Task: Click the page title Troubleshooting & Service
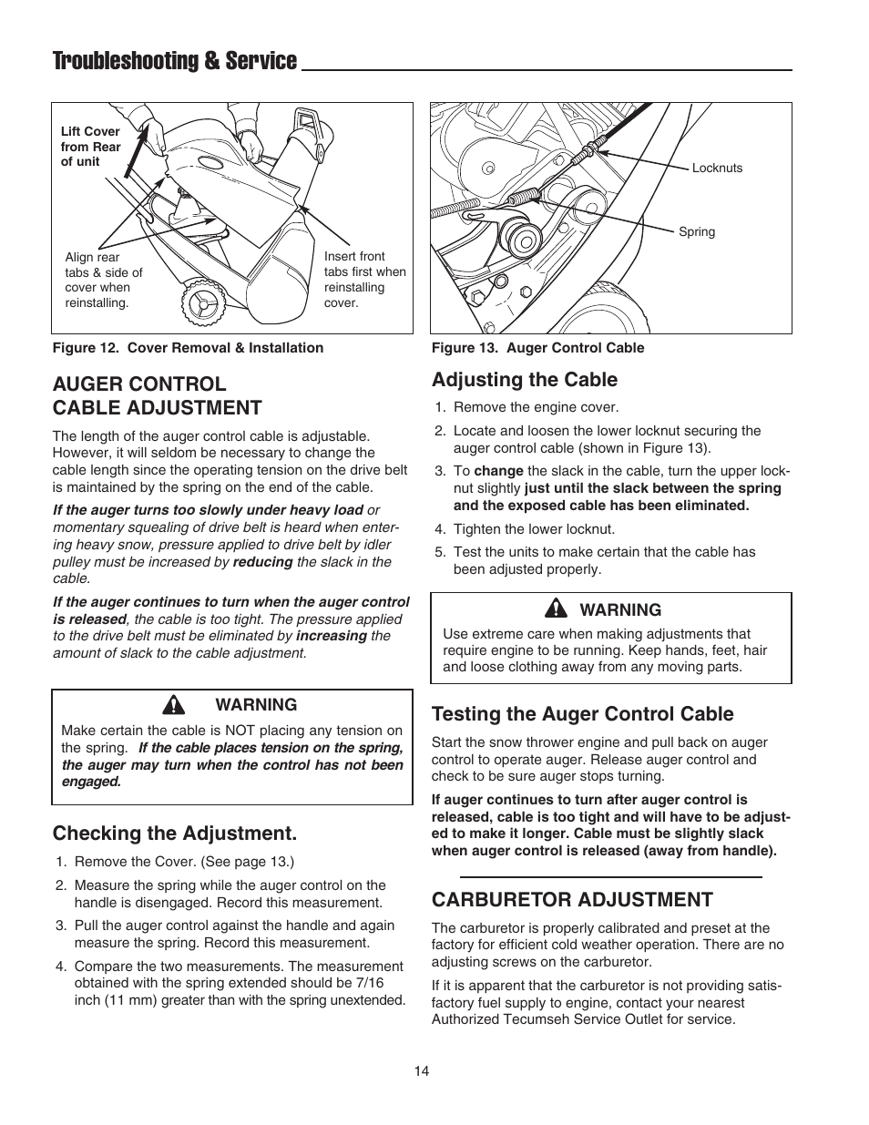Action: point(175,61)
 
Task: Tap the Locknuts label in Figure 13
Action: point(717,168)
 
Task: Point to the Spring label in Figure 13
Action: point(697,231)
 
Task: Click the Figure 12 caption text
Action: point(188,347)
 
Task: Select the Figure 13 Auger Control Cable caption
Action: point(537,347)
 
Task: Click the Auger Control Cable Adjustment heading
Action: point(157,395)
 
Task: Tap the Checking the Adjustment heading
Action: point(174,833)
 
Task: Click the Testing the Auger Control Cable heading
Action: point(582,713)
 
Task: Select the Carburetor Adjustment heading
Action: point(572,899)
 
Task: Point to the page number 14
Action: point(421,1071)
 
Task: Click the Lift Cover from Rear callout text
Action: point(90,146)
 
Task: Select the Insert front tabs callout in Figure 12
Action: point(364,280)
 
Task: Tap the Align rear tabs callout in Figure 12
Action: point(104,280)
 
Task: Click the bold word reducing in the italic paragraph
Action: point(262,562)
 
